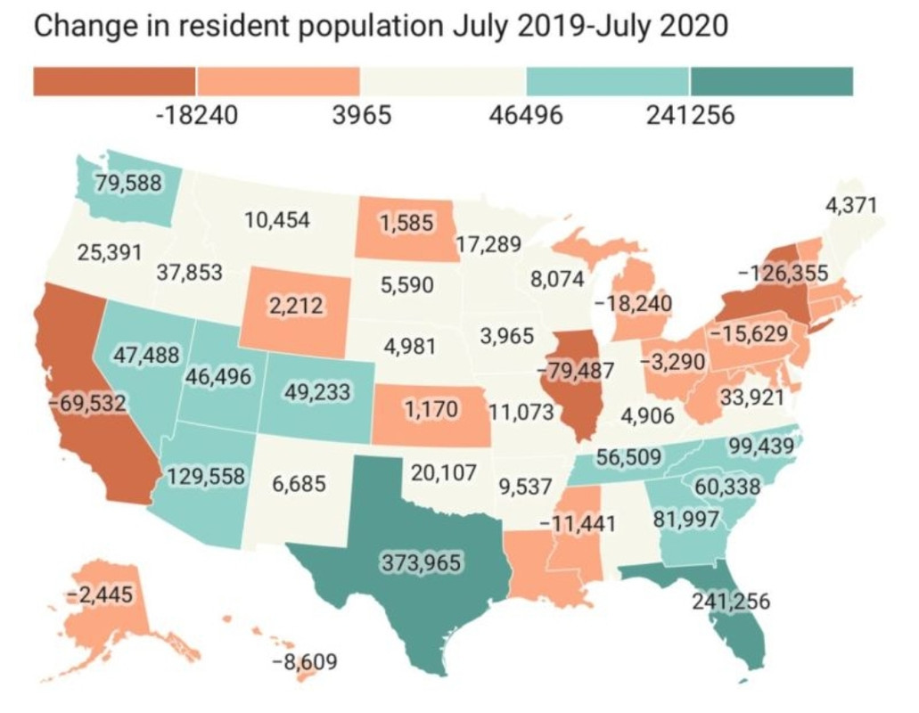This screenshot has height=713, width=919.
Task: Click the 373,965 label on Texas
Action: point(422,562)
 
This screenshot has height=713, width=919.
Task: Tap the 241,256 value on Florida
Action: point(731,601)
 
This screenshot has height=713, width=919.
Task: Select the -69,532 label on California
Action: point(87,403)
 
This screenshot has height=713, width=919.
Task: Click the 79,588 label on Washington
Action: point(128,183)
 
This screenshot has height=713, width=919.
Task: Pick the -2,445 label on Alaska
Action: point(100,594)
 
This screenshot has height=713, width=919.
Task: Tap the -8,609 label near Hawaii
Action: point(305,662)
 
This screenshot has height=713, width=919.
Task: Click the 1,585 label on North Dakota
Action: point(406,223)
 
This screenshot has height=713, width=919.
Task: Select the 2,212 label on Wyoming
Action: point(296,305)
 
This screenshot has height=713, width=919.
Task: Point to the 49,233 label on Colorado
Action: point(317,391)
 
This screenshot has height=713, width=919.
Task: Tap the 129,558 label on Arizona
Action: point(206,476)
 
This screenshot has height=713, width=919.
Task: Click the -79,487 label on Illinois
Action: point(576,370)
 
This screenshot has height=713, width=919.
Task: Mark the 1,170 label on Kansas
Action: point(431,409)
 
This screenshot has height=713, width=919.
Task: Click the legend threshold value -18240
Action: point(197,115)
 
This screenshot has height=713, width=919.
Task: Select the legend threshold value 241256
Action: point(691,115)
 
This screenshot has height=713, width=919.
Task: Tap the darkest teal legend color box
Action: point(772,81)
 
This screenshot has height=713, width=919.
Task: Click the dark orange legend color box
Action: point(115,81)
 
